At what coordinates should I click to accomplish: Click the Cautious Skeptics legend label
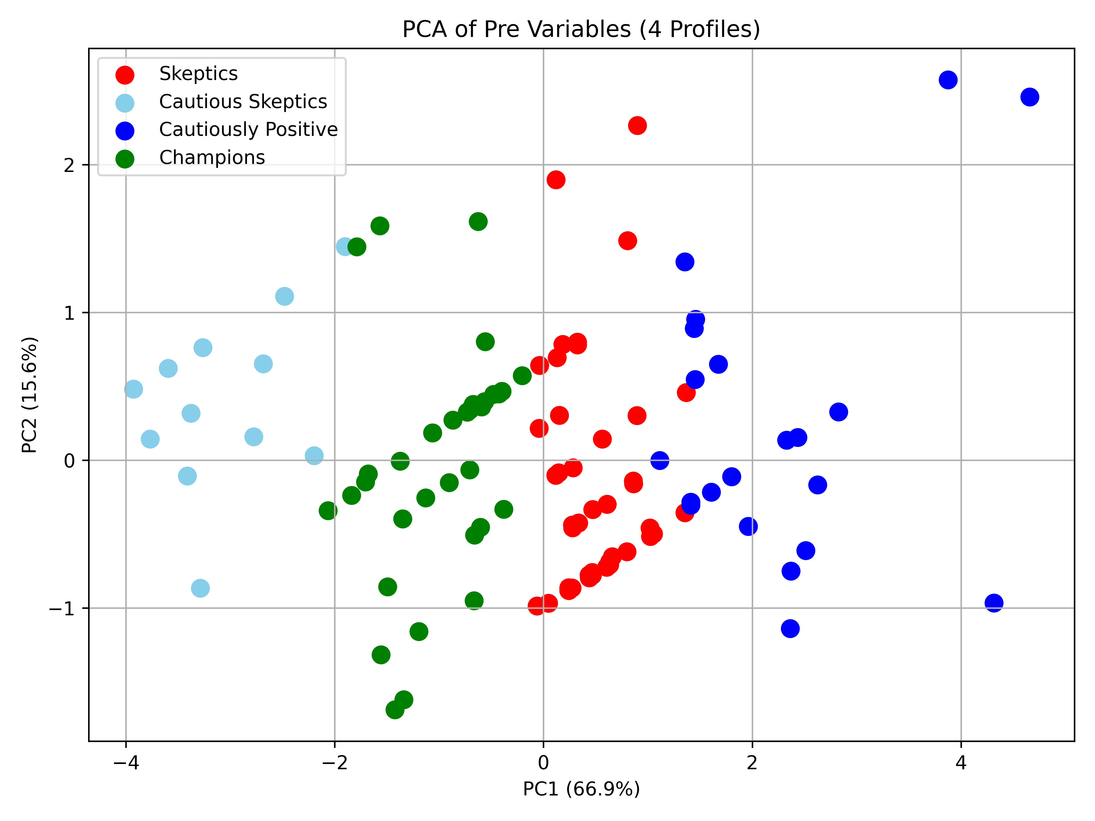(x=243, y=101)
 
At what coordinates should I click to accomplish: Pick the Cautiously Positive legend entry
(x=226, y=130)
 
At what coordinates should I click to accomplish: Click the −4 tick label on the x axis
(x=126, y=763)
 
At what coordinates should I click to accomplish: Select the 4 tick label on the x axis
(x=961, y=763)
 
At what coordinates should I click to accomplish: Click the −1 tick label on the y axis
(x=62, y=608)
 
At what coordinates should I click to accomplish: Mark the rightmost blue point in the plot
(x=1030, y=97)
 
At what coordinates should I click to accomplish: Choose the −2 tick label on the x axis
(x=335, y=763)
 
